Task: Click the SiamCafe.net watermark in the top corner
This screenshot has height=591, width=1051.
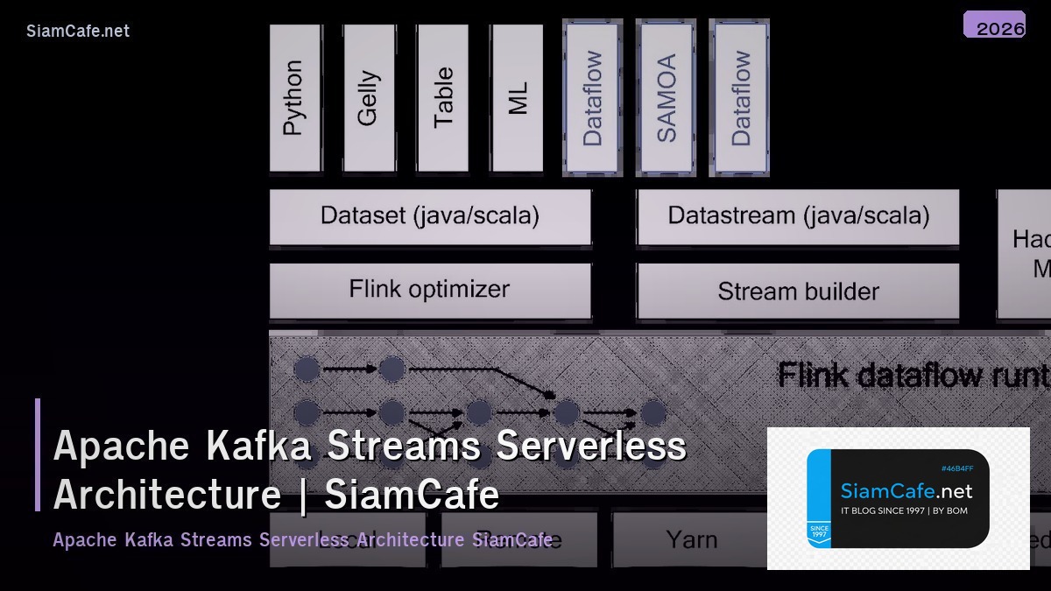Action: click(78, 31)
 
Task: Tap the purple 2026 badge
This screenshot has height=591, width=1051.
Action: click(994, 25)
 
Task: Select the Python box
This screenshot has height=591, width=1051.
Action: click(294, 97)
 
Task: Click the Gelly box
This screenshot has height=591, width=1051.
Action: click(369, 97)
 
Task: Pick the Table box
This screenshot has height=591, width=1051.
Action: click(443, 97)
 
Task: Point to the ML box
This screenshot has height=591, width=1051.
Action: click(518, 97)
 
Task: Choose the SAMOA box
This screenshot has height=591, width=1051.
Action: click(667, 97)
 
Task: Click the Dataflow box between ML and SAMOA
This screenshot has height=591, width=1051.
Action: click(593, 97)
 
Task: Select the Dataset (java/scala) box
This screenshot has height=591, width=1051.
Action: click(430, 215)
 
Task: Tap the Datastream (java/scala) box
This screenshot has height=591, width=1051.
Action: click(798, 215)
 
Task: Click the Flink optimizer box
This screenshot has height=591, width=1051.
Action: click(430, 290)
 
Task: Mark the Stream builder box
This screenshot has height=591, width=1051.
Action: click(798, 291)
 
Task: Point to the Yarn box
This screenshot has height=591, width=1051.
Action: click(691, 539)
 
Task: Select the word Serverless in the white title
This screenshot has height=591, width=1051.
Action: click(591, 446)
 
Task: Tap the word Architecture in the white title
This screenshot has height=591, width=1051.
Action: click(167, 495)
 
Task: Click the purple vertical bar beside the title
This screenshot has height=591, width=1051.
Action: click(38, 454)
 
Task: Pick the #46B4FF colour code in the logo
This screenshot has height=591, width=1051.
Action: click(957, 468)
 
